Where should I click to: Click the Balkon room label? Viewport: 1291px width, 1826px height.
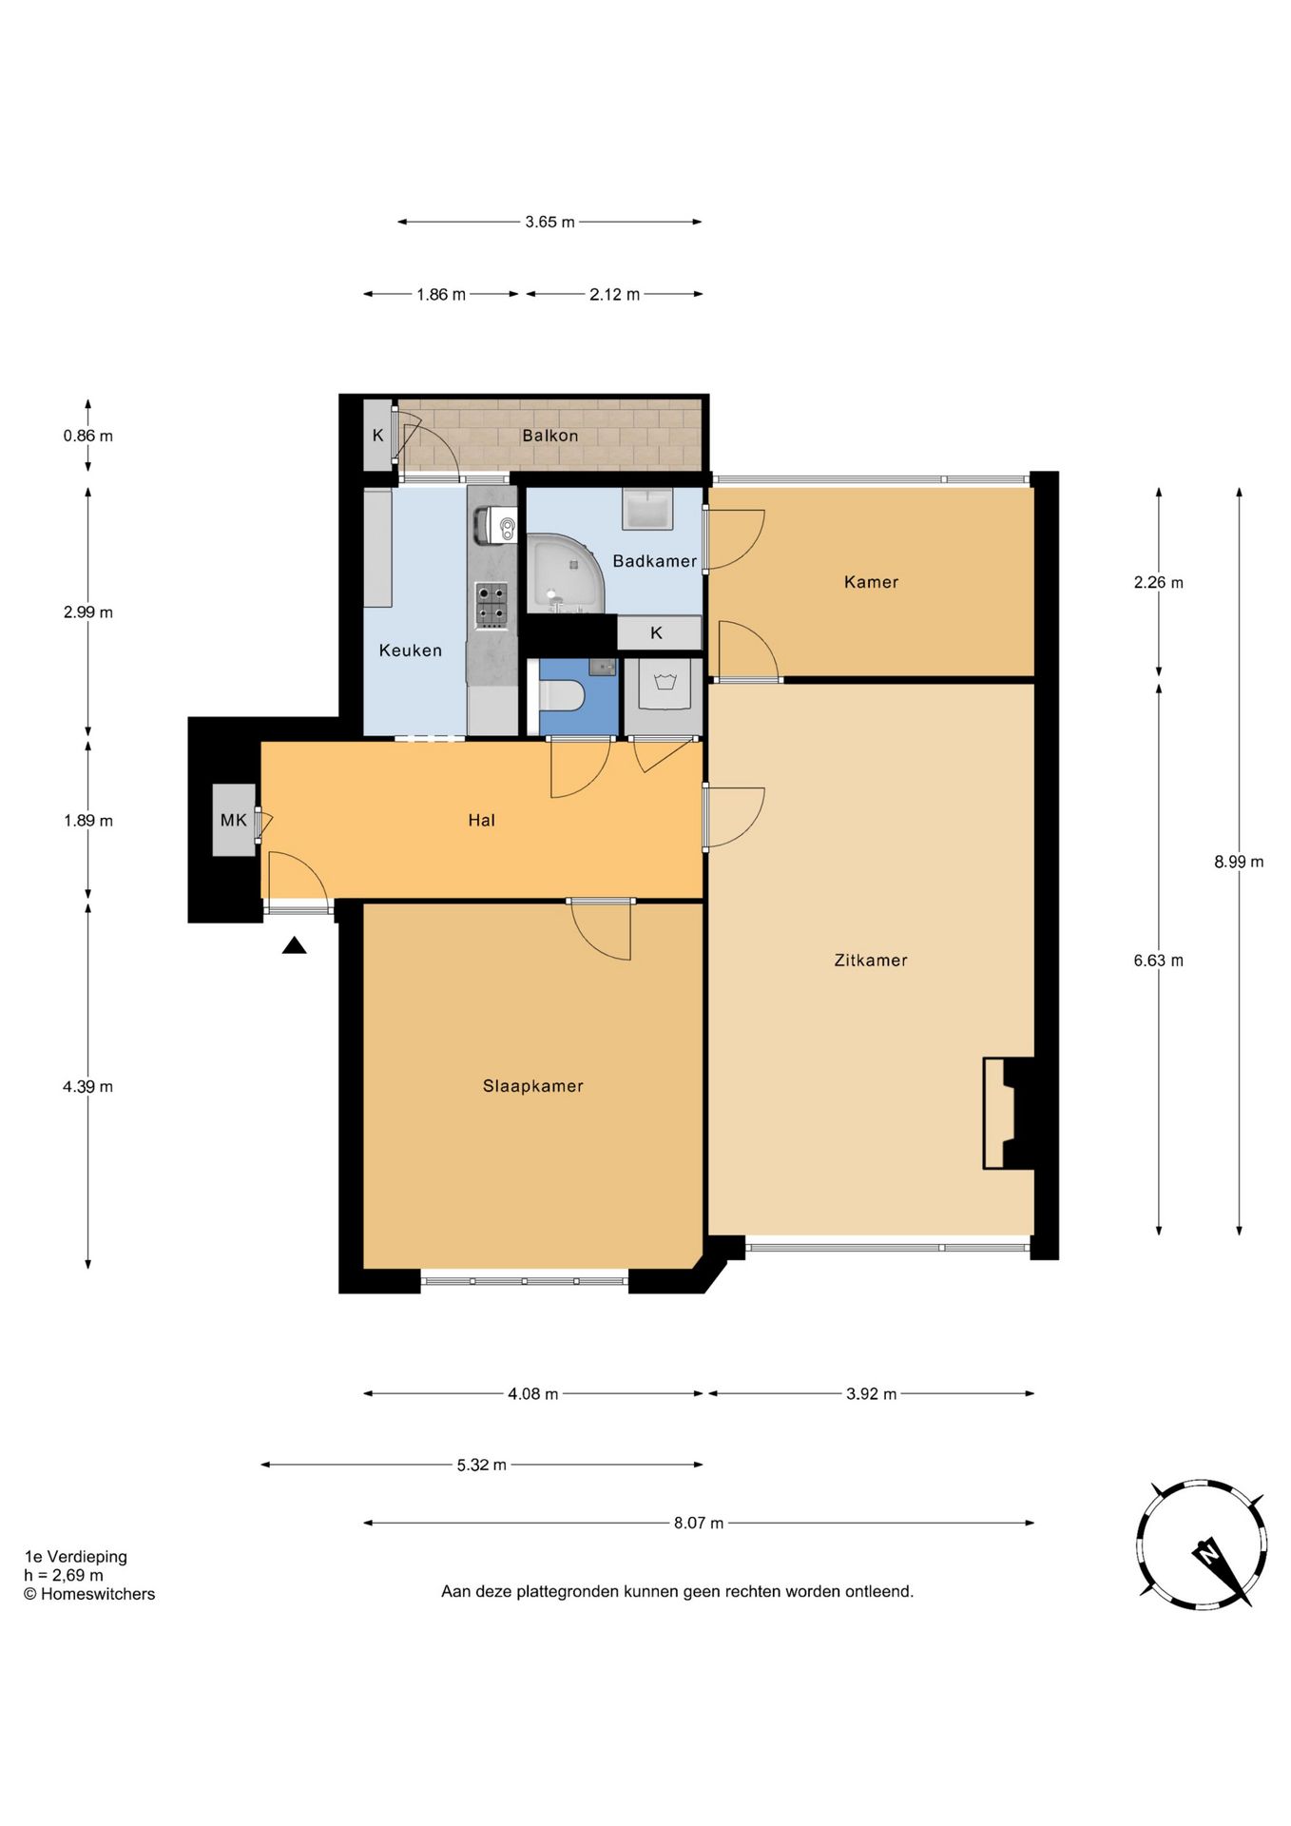click(549, 436)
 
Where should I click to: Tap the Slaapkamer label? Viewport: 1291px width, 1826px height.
click(532, 1086)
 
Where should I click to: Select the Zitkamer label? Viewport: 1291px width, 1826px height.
click(871, 961)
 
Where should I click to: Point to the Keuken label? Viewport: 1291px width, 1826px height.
click(410, 651)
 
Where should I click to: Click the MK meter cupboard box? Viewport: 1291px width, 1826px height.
click(234, 820)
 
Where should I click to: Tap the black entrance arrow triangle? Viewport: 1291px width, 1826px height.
click(295, 945)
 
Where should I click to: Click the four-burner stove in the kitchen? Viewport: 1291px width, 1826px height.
click(491, 606)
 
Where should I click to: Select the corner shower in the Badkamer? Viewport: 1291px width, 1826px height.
click(565, 573)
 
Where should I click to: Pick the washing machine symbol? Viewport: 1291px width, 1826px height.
click(665, 683)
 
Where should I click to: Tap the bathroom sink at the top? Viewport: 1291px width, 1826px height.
click(647, 508)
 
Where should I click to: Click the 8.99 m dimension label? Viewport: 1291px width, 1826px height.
click(1239, 862)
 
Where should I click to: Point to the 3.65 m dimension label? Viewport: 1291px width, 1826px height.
click(549, 222)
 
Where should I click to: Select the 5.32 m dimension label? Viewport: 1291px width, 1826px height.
click(481, 1465)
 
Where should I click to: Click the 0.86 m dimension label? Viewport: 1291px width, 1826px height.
click(87, 436)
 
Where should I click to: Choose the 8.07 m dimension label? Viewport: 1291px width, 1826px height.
click(699, 1523)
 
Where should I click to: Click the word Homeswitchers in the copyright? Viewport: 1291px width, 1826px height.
click(97, 1594)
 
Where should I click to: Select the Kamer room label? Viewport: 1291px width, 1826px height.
click(871, 582)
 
